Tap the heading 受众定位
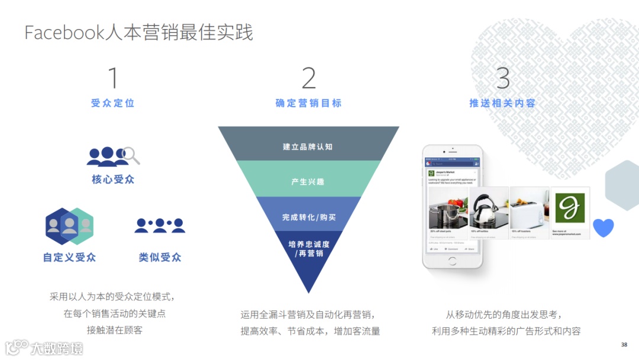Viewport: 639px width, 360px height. pyautogui.click(x=113, y=103)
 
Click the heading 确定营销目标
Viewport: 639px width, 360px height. pyautogui.click(x=309, y=103)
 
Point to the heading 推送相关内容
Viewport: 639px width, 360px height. pyautogui.click(x=502, y=103)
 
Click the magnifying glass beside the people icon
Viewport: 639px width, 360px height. pyautogui.click(x=132, y=155)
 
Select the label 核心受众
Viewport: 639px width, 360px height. pyautogui.click(x=113, y=179)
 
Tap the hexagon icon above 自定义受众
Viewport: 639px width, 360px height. pyautogui.click(x=69, y=226)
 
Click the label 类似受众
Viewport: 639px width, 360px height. pyautogui.click(x=160, y=258)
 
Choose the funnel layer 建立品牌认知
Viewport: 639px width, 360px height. pyautogui.click(x=308, y=146)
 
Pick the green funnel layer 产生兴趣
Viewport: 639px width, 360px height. pyautogui.click(x=308, y=181)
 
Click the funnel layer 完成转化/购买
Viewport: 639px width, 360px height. pyautogui.click(x=308, y=217)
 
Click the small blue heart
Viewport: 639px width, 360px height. pyautogui.click(x=603, y=227)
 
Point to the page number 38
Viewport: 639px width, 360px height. pyautogui.click(x=624, y=345)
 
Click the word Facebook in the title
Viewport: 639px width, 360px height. pyautogui.click(x=64, y=33)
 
